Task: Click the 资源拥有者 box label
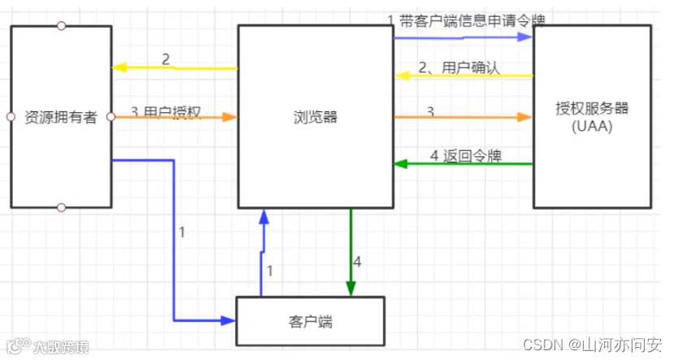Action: coord(61,118)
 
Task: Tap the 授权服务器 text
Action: coord(593,108)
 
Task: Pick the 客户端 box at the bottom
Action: coord(310,322)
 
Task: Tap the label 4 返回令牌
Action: coord(463,154)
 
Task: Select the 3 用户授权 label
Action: coord(166,111)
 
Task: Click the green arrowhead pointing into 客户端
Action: coord(351,289)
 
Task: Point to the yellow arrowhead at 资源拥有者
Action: coord(119,67)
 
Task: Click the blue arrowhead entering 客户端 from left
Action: coord(228,321)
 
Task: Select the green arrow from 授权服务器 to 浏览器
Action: coord(463,164)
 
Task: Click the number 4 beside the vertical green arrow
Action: coord(359,262)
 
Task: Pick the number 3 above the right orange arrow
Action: coord(430,111)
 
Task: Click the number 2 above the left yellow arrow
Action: coord(165,59)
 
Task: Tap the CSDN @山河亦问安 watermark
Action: coord(591,345)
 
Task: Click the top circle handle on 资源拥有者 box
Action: coord(61,26)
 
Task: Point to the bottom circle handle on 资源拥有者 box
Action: coord(61,207)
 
